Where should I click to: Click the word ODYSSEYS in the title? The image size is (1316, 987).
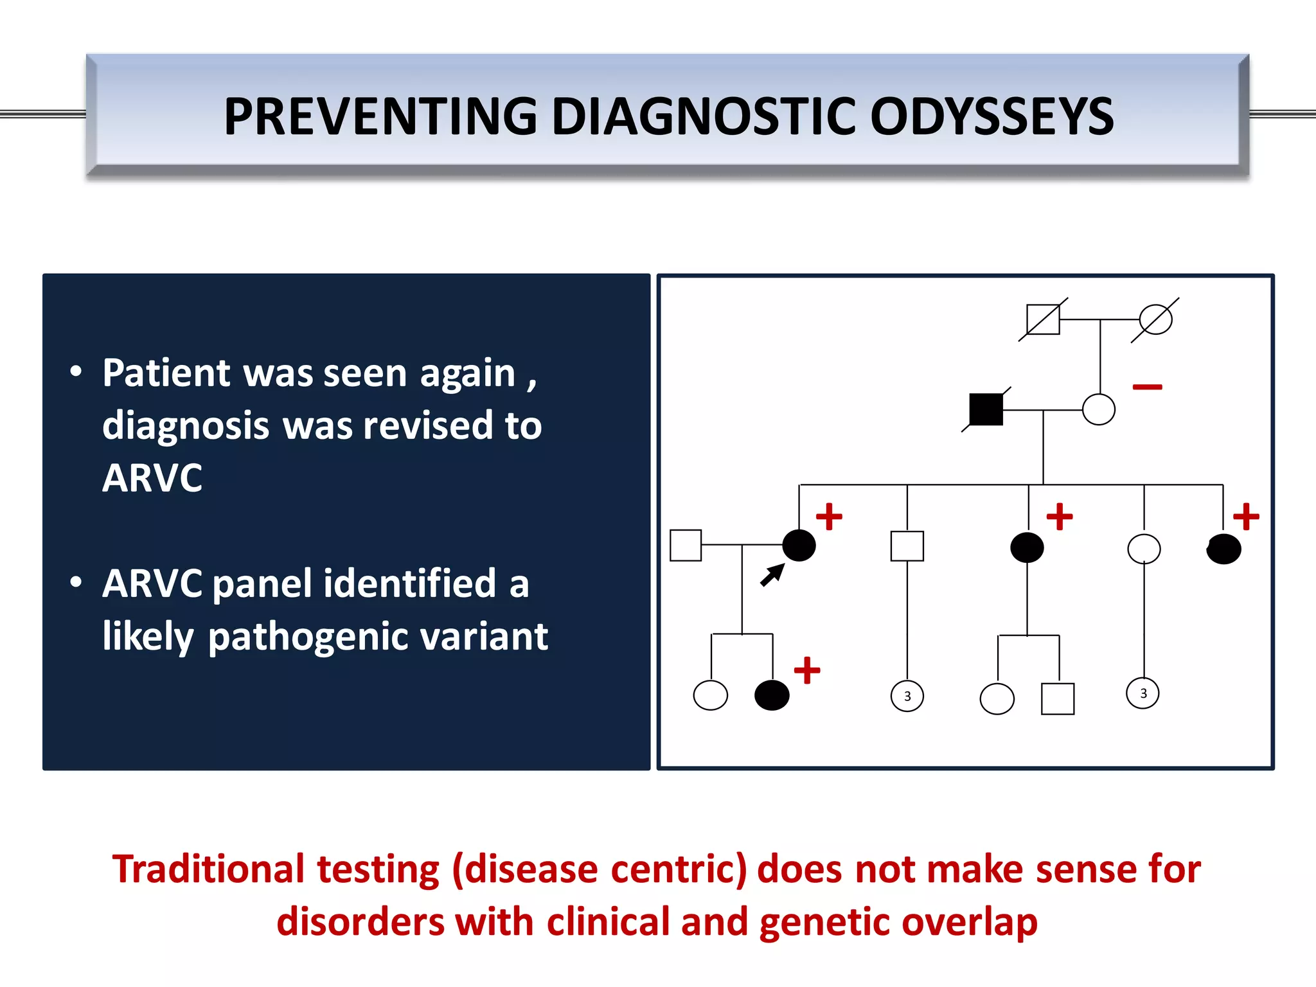(992, 116)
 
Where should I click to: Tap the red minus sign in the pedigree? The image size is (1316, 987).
(1147, 387)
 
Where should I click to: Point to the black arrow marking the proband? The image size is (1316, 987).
(772, 574)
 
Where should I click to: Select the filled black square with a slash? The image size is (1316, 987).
(986, 409)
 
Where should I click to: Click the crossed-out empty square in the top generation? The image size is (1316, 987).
(1043, 319)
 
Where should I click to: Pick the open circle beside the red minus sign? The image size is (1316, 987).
(1098, 409)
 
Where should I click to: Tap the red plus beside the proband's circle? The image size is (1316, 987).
(829, 517)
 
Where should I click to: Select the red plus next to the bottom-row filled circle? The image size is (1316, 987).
(807, 670)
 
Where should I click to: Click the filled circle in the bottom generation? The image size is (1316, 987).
(772, 695)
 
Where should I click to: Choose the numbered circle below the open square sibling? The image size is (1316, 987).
(907, 696)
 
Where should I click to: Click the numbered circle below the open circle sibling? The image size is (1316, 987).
(1143, 693)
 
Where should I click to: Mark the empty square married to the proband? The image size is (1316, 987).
(686, 545)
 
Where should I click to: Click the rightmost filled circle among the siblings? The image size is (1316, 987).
(1223, 549)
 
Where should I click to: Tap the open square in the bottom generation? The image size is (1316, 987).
(1057, 698)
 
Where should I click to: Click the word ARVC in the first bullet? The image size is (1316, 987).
(152, 478)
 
